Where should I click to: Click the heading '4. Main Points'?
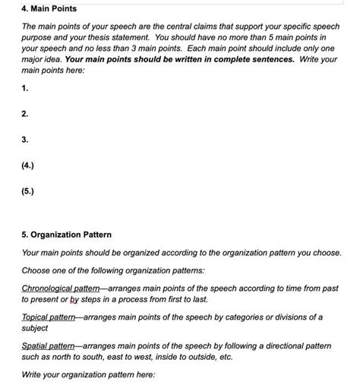click(49, 8)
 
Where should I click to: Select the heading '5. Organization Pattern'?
click(67, 235)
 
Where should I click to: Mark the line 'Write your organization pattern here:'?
click(88, 376)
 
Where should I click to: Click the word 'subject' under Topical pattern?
click(36, 328)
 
